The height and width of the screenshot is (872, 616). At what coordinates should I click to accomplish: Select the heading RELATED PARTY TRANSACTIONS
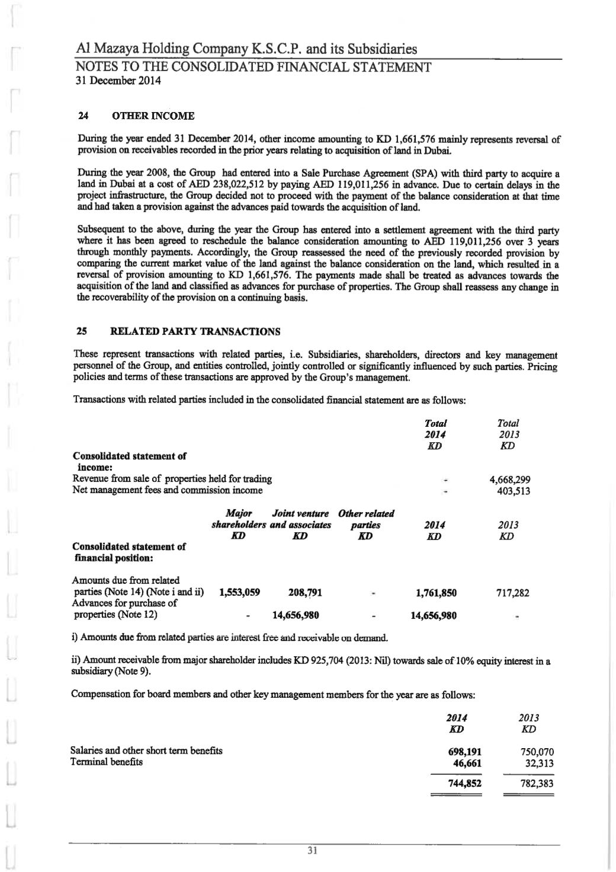195,331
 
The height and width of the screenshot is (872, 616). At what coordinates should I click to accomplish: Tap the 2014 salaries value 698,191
463,752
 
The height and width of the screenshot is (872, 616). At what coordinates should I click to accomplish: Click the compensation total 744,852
463,784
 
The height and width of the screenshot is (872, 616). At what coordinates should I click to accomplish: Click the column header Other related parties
366,519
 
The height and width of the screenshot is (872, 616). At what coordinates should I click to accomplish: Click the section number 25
84,331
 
